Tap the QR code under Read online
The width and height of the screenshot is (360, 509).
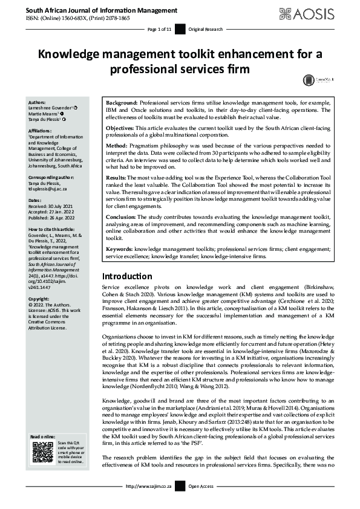[x=41, y=452]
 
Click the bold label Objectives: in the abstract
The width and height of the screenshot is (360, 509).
[x=122, y=129]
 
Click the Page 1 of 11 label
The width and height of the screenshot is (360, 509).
[x=160, y=29]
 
